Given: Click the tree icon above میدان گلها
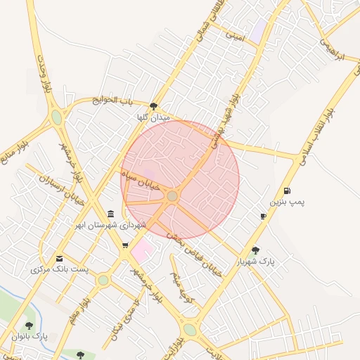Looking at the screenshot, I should click(x=154, y=107).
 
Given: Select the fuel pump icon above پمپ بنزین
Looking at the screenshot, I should click(x=287, y=191).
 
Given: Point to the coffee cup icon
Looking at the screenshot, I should click(x=263, y=216).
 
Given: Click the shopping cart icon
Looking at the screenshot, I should click(x=125, y=245).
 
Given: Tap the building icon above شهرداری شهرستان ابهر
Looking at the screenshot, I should click(x=110, y=214).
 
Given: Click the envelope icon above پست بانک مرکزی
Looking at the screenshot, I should click(x=58, y=258).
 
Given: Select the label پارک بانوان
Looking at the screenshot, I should click(x=29, y=337).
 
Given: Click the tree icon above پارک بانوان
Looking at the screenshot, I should click(x=29, y=326).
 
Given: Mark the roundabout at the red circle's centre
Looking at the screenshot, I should click(x=172, y=195).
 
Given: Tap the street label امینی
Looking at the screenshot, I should click(x=234, y=35).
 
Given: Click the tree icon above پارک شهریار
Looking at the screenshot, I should click(x=255, y=250).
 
